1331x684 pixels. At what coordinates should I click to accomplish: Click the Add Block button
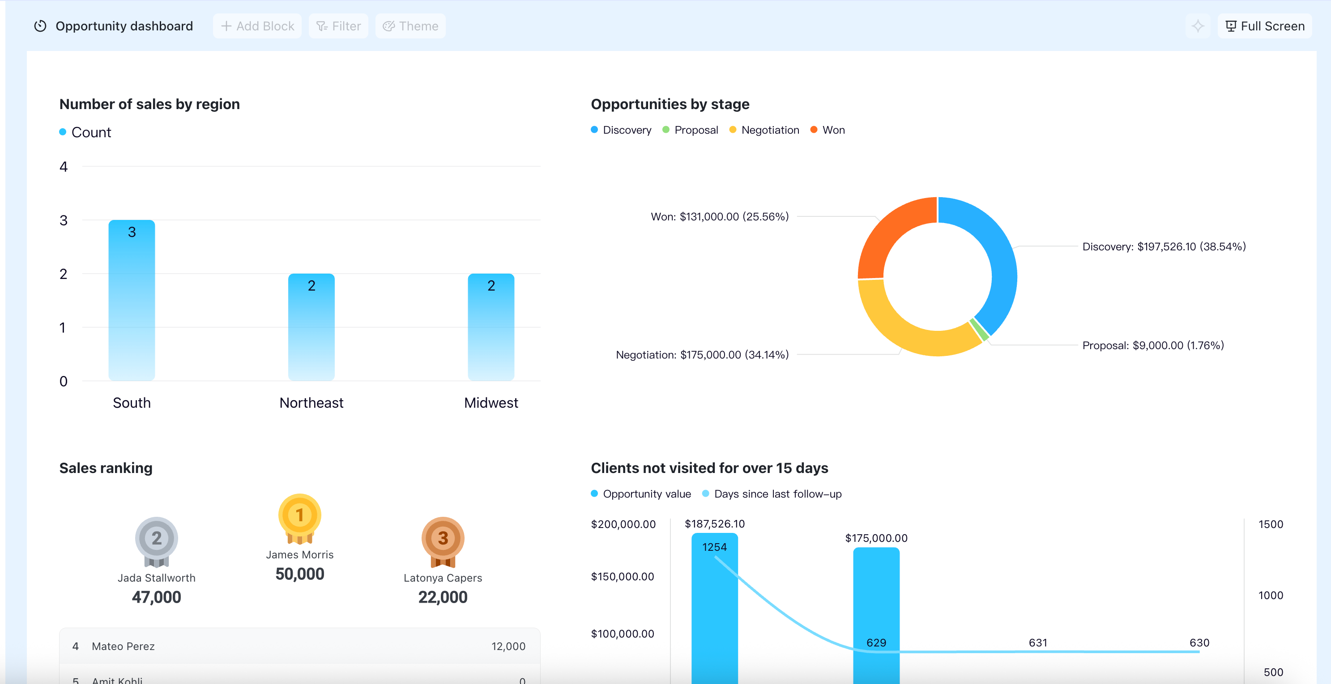point(257,26)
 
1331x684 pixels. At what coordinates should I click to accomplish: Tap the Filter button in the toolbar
point(338,26)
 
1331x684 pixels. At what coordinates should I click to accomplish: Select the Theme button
point(410,26)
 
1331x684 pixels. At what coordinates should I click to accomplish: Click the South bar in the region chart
point(132,300)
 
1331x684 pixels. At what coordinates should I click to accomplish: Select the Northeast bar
point(311,327)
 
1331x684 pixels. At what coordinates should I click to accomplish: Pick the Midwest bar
point(491,327)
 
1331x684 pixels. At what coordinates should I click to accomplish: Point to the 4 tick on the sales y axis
point(64,167)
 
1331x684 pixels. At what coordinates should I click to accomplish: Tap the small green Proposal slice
point(980,330)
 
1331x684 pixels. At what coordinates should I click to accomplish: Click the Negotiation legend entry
point(764,130)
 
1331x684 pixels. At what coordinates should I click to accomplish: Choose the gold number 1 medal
point(300,518)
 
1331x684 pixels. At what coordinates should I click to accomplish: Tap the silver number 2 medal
point(157,541)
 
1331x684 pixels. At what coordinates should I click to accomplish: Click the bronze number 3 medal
point(443,541)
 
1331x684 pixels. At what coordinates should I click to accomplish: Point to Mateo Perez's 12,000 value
point(508,646)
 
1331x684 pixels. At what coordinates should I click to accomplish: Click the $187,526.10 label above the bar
point(715,524)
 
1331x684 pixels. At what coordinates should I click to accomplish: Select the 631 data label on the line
point(1038,643)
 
